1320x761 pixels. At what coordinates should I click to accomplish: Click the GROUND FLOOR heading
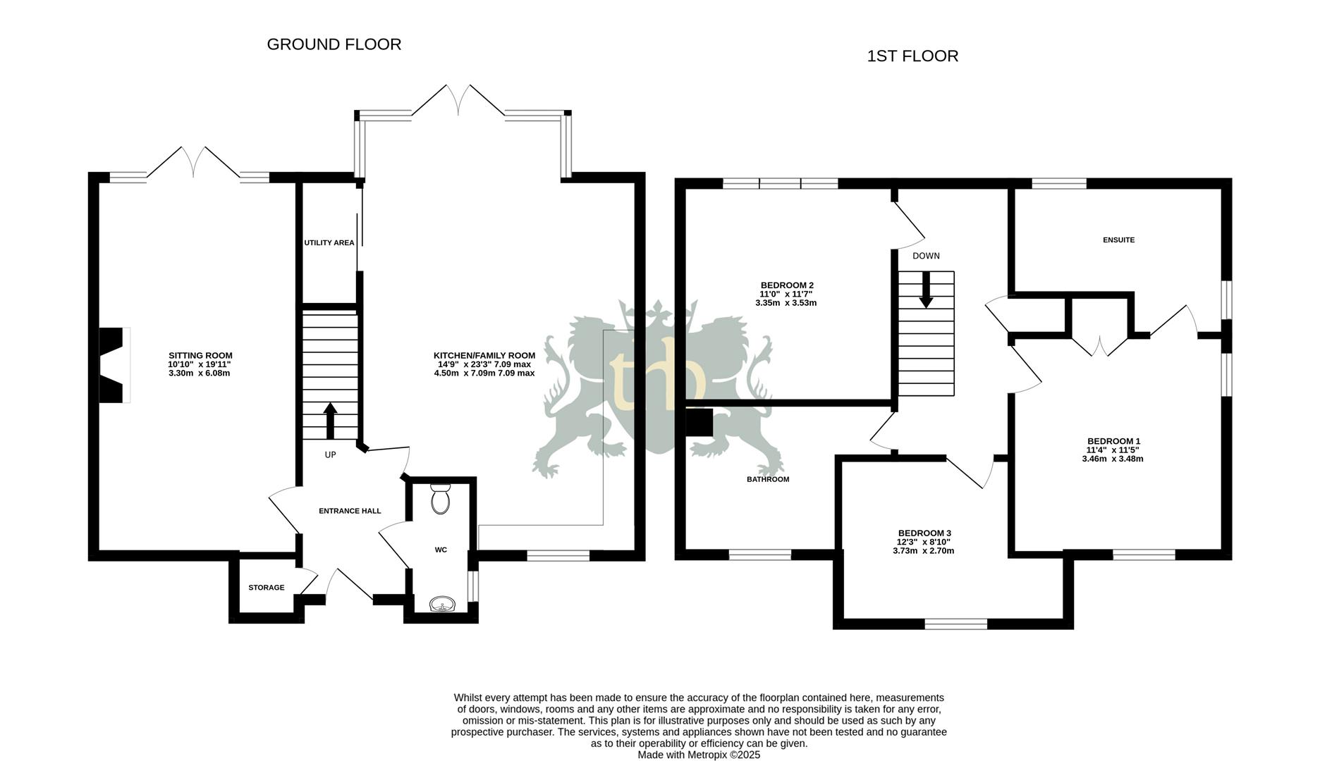(334, 44)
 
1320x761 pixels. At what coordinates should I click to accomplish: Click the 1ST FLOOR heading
(912, 56)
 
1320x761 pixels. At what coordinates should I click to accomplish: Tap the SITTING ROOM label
(200, 356)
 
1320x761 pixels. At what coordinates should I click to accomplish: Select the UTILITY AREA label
(329, 243)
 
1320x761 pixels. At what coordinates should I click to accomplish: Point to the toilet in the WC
(441, 500)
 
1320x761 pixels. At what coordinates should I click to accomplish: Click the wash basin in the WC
(442, 604)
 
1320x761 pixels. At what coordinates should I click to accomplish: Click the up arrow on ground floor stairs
(330, 420)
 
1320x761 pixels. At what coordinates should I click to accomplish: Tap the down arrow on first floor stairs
(926, 290)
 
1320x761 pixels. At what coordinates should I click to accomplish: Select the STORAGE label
(266, 588)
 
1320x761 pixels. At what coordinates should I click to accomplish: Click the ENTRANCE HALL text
(350, 511)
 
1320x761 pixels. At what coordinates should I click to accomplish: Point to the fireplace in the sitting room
(113, 365)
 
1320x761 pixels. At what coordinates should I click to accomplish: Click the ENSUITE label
(1118, 240)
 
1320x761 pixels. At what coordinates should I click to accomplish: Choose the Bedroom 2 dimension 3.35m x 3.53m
(786, 303)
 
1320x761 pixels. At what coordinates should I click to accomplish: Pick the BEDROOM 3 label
(924, 533)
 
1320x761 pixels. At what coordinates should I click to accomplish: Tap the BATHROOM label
(768, 479)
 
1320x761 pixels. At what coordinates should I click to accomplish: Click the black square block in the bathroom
(699, 423)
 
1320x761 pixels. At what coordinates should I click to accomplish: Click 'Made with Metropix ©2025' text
(699, 754)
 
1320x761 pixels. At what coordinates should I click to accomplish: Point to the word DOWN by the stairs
(926, 256)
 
